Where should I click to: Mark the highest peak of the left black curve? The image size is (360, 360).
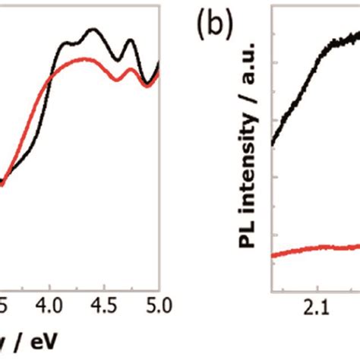tap(93, 30)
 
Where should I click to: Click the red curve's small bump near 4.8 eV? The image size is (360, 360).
tap(132, 71)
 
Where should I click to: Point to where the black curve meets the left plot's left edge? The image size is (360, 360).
tap(2, 182)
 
